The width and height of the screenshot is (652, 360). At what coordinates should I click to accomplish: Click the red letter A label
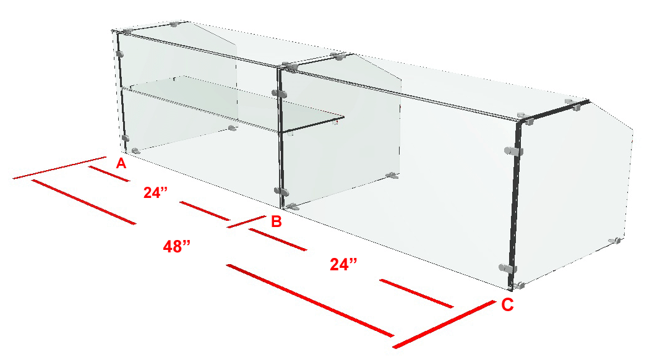click(x=121, y=163)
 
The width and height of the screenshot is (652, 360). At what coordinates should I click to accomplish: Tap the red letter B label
click(x=277, y=221)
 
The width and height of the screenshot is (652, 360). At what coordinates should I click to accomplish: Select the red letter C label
click(x=507, y=305)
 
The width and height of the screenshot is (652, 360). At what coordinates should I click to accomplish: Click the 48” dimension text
click(x=177, y=247)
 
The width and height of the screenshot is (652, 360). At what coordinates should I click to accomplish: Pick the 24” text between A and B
click(x=155, y=192)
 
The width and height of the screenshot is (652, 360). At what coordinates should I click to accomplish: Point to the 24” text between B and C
click(x=343, y=264)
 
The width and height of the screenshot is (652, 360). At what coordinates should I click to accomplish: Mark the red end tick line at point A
click(x=60, y=168)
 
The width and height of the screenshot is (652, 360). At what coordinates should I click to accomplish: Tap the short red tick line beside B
click(x=247, y=222)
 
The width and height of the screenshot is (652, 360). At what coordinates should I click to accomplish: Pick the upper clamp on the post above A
click(x=120, y=54)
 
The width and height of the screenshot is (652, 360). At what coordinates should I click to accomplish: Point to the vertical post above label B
click(x=280, y=138)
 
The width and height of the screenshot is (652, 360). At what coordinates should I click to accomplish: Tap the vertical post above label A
click(x=122, y=93)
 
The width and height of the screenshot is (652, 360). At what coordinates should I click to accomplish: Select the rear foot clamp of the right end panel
click(x=615, y=241)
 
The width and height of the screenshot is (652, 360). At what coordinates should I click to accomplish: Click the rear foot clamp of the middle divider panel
click(x=392, y=176)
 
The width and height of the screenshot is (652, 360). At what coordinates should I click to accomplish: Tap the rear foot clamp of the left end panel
click(x=233, y=129)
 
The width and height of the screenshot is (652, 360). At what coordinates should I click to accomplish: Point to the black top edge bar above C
click(x=554, y=111)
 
